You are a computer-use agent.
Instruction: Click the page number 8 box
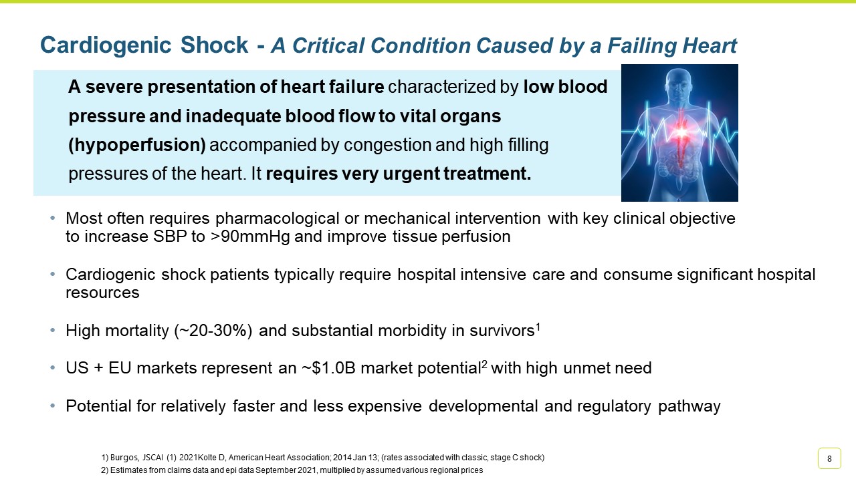tap(829, 458)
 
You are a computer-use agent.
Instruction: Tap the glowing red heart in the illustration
tap(680, 132)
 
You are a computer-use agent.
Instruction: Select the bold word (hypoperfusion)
tap(138, 145)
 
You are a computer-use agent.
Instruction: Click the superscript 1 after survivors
tap(538, 326)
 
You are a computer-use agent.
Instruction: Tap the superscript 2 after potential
tap(485, 363)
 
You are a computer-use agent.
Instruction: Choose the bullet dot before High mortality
tap(53, 331)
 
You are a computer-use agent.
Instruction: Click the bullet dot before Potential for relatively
tap(53, 406)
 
